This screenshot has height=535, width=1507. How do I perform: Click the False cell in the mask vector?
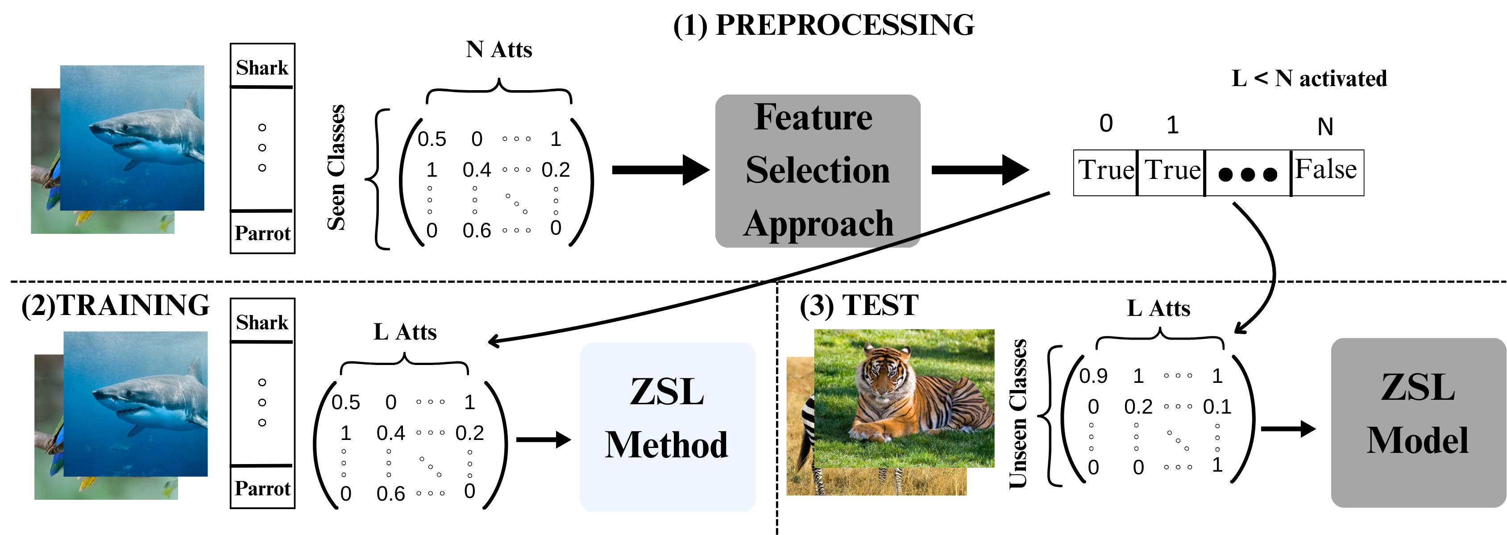pyautogui.click(x=1326, y=171)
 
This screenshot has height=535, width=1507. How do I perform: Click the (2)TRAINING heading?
pyautogui.click(x=115, y=305)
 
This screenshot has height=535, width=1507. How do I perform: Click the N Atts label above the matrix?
pyautogui.click(x=499, y=50)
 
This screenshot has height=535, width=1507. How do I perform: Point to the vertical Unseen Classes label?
pyautogui.click(x=1018, y=413)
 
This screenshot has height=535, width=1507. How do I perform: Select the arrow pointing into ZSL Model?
pyautogui.click(x=1287, y=429)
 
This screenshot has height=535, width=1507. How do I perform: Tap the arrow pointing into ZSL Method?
pyautogui.click(x=543, y=439)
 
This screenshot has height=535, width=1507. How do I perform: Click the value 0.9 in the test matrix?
pyautogui.click(x=1093, y=376)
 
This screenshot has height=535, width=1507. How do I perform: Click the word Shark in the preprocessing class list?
pyautogui.click(x=262, y=68)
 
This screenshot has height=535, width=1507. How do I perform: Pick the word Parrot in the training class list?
pyautogui.click(x=262, y=488)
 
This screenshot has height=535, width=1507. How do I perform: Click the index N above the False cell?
pyautogui.click(x=1325, y=127)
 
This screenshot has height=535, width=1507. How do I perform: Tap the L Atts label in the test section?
pyautogui.click(x=1158, y=308)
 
